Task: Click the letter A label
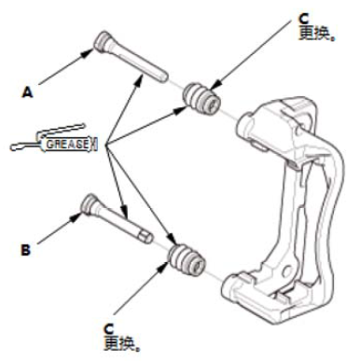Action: click(27, 92)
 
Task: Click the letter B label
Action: click(26, 250)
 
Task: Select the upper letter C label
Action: click(303, 19)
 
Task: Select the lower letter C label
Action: click(109, 329)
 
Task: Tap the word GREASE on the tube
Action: click(67, 145)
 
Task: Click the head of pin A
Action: click(103, 41)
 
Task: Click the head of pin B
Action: click(90, 204)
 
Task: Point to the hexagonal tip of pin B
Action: click(146, 237)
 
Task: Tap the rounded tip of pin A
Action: click(163, 76)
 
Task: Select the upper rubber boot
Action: click(201, 98)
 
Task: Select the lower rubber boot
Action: click(187, 259)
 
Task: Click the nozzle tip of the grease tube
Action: click(13, 147)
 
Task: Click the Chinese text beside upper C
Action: click(316, 34)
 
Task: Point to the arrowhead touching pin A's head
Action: click(87, 53)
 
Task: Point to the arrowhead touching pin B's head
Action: click(75, 216)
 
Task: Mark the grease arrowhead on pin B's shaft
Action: click(125, 212)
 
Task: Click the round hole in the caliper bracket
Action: click(287, 271)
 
